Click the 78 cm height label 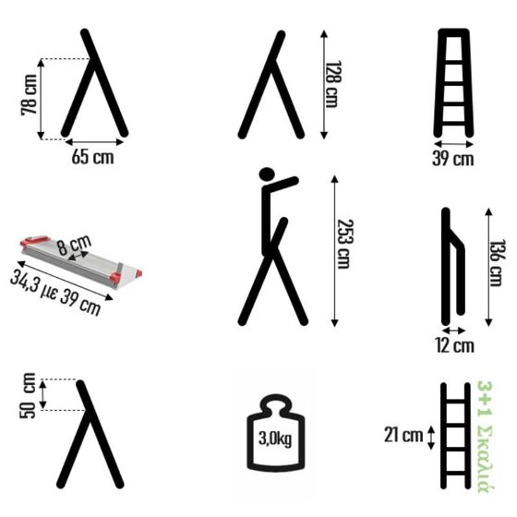(29, 95)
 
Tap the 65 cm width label (92, 157)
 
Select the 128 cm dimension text (333, 84)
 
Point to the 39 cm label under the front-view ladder (453, 159)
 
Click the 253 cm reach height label (344, 244)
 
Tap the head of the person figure (267, 174)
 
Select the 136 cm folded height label (497, 263)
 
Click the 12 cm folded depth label (455, 345)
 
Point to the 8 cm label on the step (74, 245)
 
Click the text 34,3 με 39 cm (55, 293)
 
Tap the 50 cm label (28, 396)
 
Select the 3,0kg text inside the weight (275, 439)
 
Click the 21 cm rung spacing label (403, 435)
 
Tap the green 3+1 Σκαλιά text (485, 437)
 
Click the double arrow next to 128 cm (324, 84)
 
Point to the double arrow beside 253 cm (334, 251)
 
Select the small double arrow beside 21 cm (431, 438)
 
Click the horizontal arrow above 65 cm (94, 142)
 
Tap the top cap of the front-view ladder (453, 32)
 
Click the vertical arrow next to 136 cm (489, 268)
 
